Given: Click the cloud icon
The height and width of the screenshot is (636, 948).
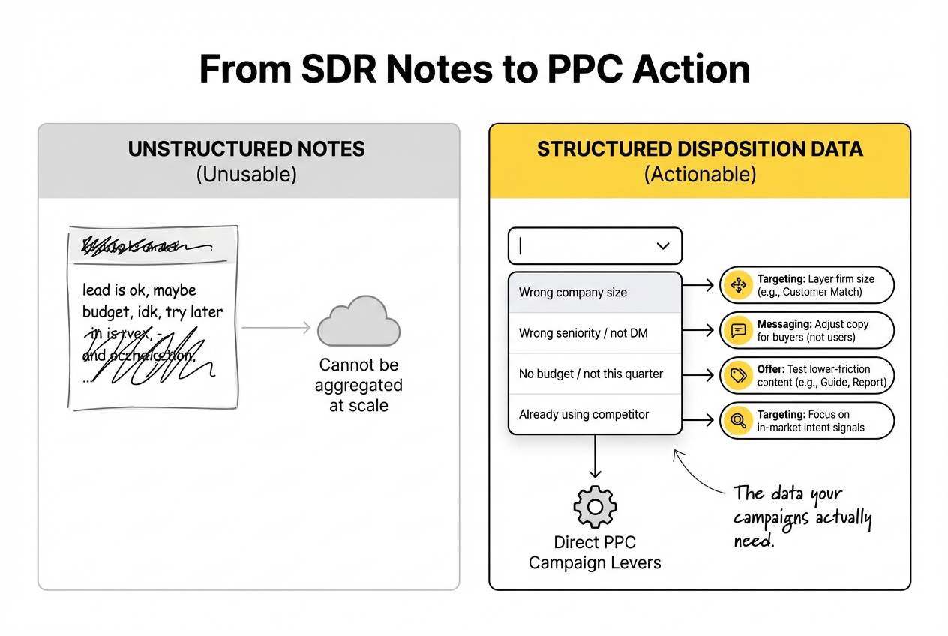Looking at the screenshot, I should pyautogui.click(x=358, y=322).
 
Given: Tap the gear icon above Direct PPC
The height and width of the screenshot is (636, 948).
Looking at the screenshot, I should pyautogui.click(x=595, y=507).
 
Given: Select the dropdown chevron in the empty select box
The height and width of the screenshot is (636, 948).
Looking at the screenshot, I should pyautogui.click(x=662, y=246).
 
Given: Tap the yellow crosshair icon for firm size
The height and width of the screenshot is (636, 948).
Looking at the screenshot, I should pyautogui.click(x=738, y=285).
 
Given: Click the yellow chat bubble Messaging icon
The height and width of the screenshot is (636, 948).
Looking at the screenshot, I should pyautogui.click(x=738, y=331).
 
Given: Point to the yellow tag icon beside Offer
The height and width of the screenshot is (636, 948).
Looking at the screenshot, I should pyautogui.click(x=738, y=376).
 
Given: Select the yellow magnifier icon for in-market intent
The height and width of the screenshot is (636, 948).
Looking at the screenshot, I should pyautogui.click(x=738, y=421).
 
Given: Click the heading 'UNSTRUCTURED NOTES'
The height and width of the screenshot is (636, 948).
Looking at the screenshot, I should pyautogui.click(x=247, y=149).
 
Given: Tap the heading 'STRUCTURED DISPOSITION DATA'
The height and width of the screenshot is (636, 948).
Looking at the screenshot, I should pyautogui.click(x=700, y=149).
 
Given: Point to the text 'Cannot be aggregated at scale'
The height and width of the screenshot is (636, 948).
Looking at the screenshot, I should pyautogui.click(x=358, y=385).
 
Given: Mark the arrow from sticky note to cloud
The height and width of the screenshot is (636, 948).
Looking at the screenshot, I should pyautogui.click(x=276, y=327).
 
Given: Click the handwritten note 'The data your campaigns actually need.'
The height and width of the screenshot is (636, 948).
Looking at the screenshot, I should pyautogui.click(x=801, y=517).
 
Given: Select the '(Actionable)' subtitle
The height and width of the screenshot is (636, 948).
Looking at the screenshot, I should pyautogui.click(x=700, y=175).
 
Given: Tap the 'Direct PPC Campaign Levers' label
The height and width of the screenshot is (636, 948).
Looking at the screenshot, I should pyautogui.click(x=595, y=553).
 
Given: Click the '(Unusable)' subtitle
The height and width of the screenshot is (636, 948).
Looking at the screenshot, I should pyautogui.click(x=247, y=175).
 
